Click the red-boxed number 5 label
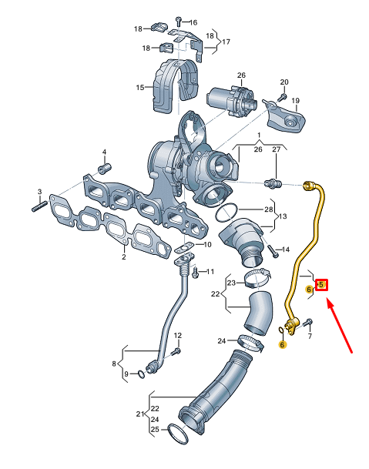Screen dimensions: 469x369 tap(323, 285)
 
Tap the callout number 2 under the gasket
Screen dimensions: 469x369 tap(123, 257)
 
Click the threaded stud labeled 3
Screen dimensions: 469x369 tap(39, 206)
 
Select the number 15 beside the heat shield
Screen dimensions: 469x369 tap(141, 88)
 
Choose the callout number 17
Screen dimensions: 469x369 tap(226, 41)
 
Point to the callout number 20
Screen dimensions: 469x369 tap(283, 82)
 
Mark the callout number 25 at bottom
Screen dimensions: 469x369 tap(155, 428)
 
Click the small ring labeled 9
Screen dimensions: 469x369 tap(141, 374)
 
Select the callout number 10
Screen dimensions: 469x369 tap(206, 244)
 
